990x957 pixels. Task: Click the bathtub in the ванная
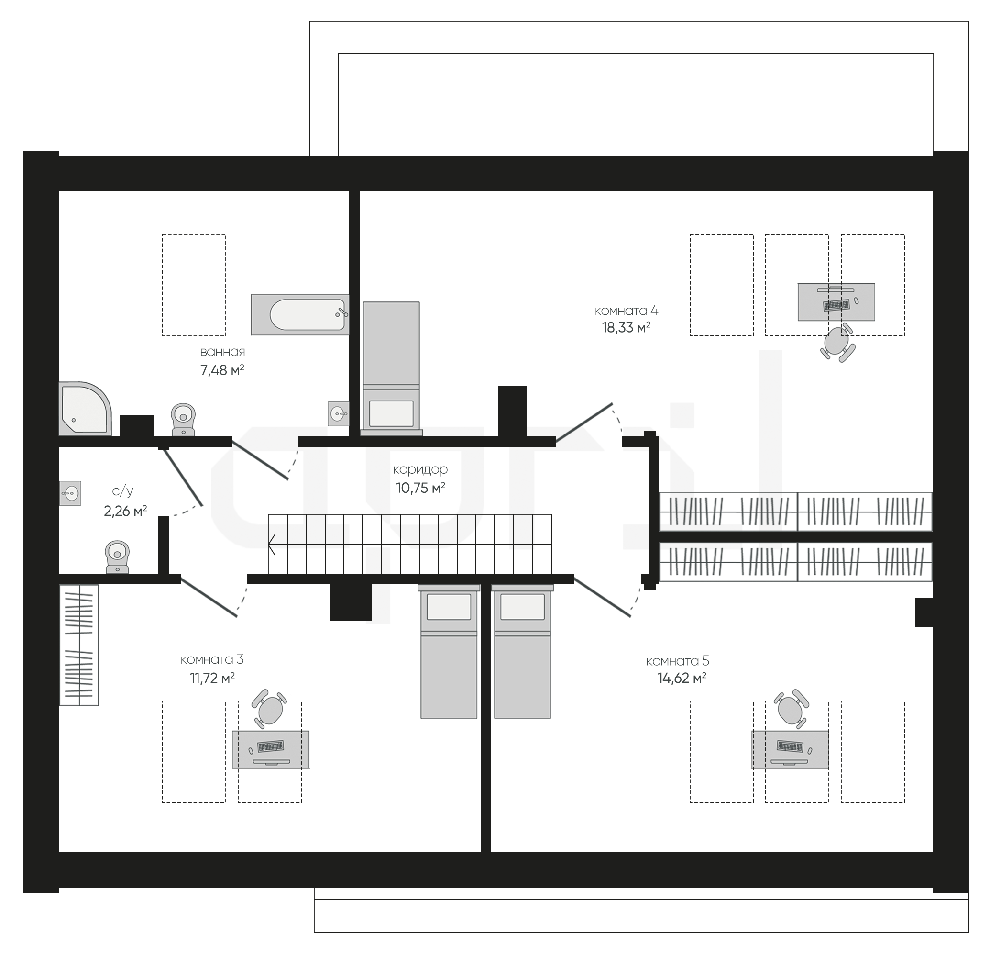point(300,314)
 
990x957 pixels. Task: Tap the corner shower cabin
point(84,409)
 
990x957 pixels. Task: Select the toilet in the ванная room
point(183,419)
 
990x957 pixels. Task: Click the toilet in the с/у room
point(117,557)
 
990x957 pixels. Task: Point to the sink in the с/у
point(70,493)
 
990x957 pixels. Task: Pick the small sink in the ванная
point(339,413)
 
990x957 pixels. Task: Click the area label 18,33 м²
point(626,327)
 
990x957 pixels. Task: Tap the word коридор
point(420,470)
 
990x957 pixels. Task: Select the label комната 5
point(677,660)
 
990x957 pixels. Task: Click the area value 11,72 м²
point(212,678)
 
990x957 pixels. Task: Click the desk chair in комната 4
point(838,343)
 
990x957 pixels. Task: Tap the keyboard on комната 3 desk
point(270,746)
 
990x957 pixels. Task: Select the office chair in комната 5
point(791,709)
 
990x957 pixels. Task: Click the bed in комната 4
point(391,368)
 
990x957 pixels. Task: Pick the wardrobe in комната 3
point(79,645)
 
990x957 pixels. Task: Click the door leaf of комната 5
point(602,598)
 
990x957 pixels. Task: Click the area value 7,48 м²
point(222,370)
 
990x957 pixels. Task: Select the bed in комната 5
point(522,652)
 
